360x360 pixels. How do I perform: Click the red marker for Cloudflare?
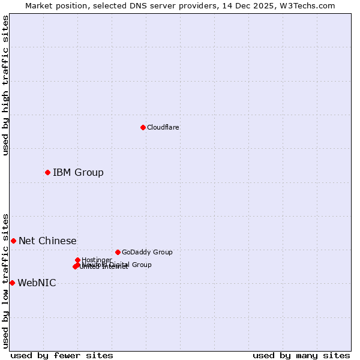click(143, 127)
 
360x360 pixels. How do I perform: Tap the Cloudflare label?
click(163, 127)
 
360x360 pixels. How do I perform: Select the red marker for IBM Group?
click(47, 172)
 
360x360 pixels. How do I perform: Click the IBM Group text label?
click(78, 173)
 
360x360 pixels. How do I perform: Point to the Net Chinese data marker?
click(13, 241)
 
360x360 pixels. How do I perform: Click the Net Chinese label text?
click(47, 241)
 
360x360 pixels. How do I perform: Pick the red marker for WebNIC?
click(12, 283)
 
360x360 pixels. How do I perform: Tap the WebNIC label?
click(37, 283)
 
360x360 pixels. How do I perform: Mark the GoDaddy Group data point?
click(118, 252)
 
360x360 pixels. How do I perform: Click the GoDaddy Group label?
click(147, 252)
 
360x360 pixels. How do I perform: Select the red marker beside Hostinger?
click(77, 260)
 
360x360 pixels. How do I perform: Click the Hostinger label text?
click(97, 260)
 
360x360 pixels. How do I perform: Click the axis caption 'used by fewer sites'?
click(62, 355)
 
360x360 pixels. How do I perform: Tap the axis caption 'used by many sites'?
click(301, 355)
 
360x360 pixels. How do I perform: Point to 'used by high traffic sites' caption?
click(6, 85)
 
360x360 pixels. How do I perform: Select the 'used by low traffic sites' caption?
click(6, 280)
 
